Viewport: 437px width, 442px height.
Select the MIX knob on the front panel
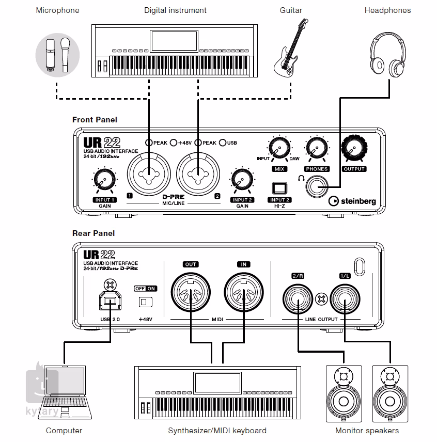[278, 149]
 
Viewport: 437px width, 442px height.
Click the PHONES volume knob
[316, 149]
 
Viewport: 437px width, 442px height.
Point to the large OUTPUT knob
[354, 148]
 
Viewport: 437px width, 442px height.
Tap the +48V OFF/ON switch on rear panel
[145, 301]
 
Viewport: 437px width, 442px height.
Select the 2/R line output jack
[298, 298]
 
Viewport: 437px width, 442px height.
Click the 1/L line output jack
[345, 298]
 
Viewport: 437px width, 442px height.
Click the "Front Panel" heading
[95, 120]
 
